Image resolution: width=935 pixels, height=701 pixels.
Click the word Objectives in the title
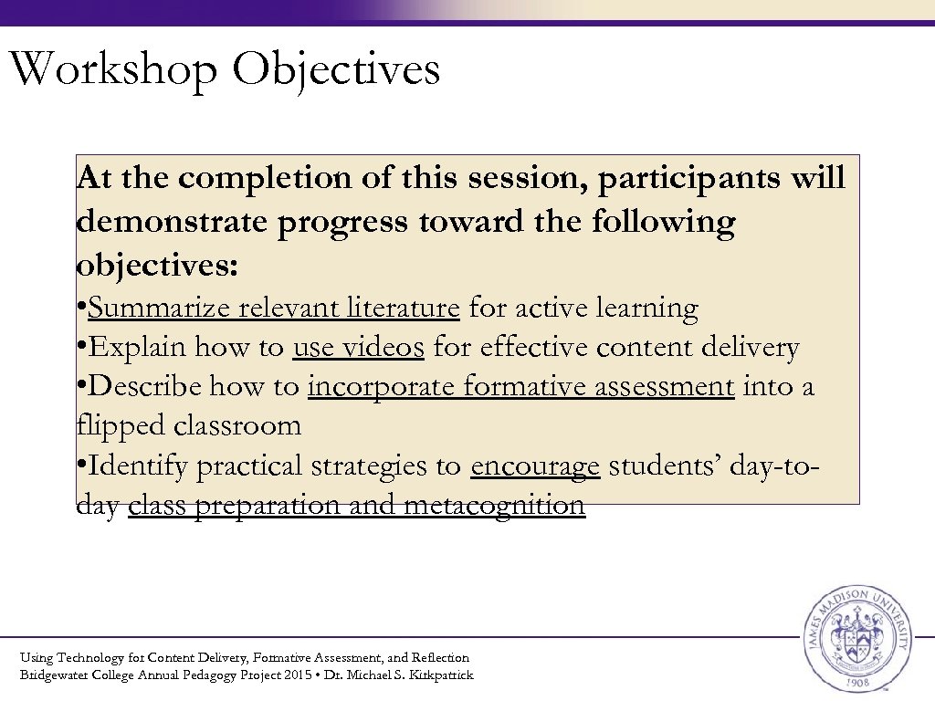click(x=336, y=70)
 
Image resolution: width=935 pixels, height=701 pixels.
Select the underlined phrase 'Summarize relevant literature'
click(x=273, y=309)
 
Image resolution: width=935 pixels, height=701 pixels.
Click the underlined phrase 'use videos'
click(x=358, y=348)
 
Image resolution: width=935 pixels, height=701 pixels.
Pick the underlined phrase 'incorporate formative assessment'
click(x=520, y=387)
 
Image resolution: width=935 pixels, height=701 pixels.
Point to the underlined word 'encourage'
click(x=535, y=466)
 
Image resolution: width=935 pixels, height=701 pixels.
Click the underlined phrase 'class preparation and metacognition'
click(x=356, y=506)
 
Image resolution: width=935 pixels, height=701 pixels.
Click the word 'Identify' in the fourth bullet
click(x=138, y=466)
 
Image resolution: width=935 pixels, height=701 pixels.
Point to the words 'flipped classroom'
click(x=188, y=426)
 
